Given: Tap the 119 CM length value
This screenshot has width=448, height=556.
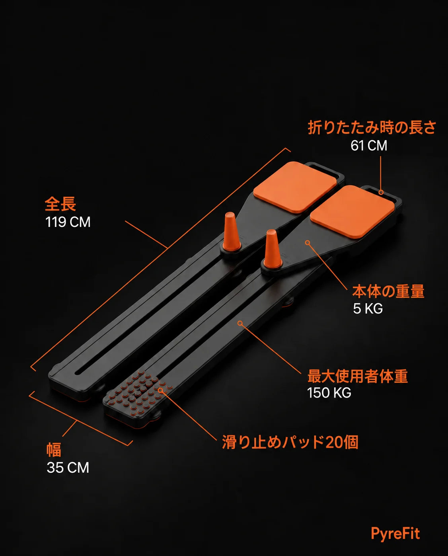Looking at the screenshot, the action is pyautogui.click(x=68, y=222).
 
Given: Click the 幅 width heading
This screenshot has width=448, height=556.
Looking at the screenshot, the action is pyautogui.click(x=54, y=450).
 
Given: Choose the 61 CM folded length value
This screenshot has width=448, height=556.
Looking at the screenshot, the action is pyautogui.click(x=369, y=145).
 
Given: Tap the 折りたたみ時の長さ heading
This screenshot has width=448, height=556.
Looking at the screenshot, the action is pyautogui.click(x=372, y=128).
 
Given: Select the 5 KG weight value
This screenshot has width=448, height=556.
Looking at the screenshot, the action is pyautogui.click(x=368, y=308).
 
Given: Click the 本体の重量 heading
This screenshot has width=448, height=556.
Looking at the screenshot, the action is pyautogui.click(x=388, y=291).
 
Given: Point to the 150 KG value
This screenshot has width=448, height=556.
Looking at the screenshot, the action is pyautogui.click(x=329, y=393).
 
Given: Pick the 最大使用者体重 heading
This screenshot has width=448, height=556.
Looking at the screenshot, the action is pyautogui.click(x=358, y=376).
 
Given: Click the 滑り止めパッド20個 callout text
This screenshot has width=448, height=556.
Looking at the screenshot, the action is pyautogui.click(x=290, y=442).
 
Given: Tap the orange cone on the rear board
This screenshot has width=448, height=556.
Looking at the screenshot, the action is pyautogui.click(x=230, y=232).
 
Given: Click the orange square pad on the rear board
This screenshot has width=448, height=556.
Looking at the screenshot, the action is pyautogui.click(x=295, y=187).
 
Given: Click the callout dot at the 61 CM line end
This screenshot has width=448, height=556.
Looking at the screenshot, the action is pyautogui.click(x=381, y=192).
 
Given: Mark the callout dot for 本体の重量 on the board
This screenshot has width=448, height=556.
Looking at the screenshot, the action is pyautogui.click(x=308, y=243).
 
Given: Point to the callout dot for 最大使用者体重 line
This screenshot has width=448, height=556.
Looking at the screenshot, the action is pyautogui.click(x=240, y=323).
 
